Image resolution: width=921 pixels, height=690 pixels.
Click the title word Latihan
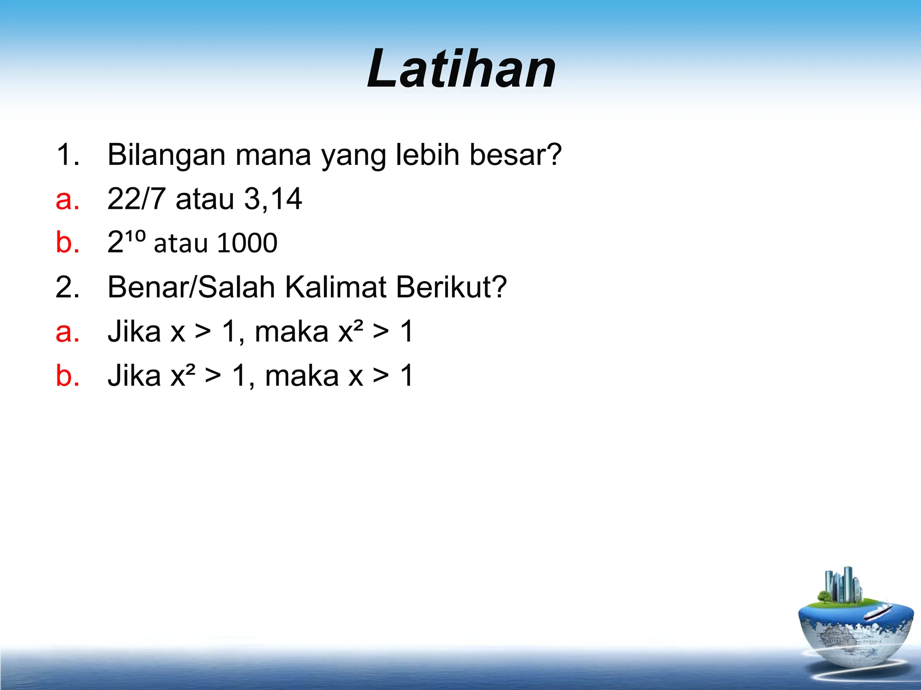point(461,69)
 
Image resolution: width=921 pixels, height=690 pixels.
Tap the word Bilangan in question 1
point(166,155)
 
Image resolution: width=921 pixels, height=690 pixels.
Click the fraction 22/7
point(136,199)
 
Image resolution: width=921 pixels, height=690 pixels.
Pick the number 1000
point(247,243)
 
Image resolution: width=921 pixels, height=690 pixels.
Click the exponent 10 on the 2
point(135,234)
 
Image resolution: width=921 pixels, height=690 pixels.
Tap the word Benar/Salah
point(191,287)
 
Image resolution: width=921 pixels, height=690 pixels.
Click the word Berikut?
point(451,287)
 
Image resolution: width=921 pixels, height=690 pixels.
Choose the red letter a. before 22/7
point(67,199)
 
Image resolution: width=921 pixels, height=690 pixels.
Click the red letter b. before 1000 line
point(67,243)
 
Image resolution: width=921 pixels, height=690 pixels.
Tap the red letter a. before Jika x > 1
point(67,332)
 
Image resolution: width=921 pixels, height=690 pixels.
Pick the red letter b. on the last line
point(67,376)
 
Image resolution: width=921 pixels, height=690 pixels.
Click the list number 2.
point(67,287)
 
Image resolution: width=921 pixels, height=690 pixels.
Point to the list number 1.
point(67,155)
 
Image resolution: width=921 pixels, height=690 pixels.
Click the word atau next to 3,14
point(205,199)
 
